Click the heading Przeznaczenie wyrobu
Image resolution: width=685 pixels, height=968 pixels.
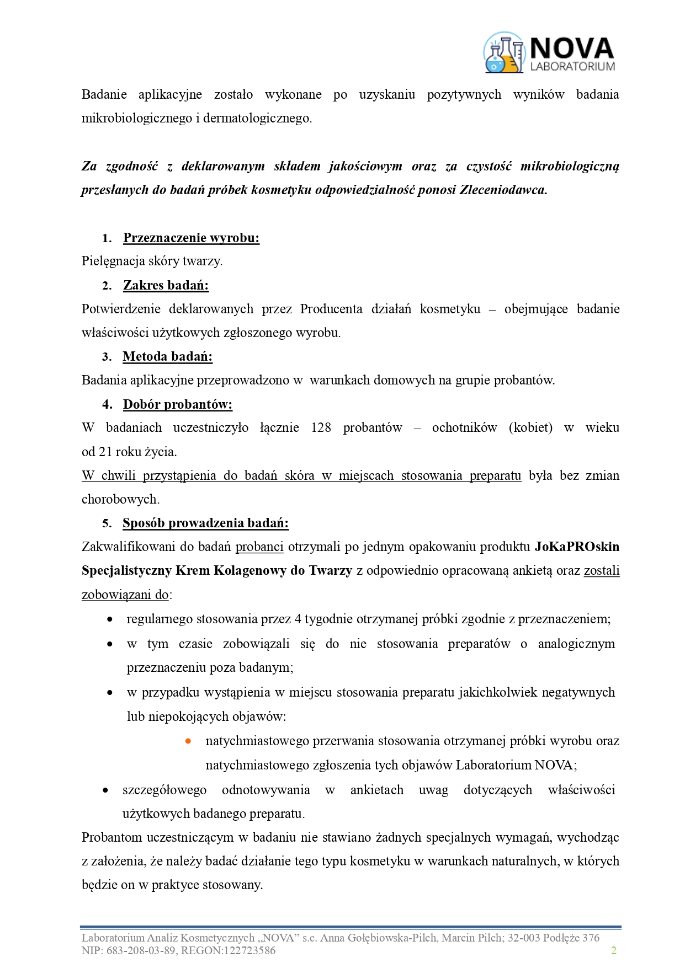(x=191, y=238)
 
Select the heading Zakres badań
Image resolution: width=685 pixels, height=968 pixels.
(x=166, y=285)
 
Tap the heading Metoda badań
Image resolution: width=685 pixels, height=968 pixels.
(x=167, y=356)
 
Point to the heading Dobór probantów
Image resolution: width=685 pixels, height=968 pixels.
(x=177, y=404)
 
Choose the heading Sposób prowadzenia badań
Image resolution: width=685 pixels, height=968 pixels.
(x=205, y=523)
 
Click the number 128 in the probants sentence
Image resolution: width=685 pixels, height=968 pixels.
(x=321, y=427)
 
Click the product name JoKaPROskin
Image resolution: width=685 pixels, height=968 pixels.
(x=577, y=547)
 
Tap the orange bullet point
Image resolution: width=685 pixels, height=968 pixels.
(x=188, y=741)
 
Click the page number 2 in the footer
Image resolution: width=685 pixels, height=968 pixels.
(x=613, y=950)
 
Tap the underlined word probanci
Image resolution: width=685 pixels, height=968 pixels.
(x=259, y=547)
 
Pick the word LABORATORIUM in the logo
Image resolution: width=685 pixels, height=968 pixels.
(x=572, y=66)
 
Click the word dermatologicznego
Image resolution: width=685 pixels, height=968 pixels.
(x=257, y=118)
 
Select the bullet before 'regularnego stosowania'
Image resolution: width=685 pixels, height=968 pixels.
(x=110, y=619)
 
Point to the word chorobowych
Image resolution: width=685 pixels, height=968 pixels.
(x=120, y=499)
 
